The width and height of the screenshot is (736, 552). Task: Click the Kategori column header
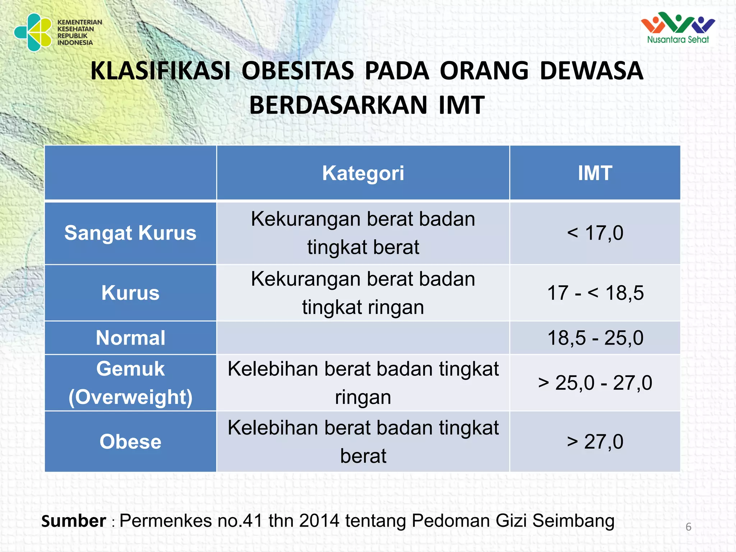click(363, 173)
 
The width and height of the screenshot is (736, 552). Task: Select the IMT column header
click(595, 173)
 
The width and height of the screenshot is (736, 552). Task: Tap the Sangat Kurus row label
click(130, 233)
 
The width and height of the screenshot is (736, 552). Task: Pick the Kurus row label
click(130, 293)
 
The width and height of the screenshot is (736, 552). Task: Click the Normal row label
click(130, 338)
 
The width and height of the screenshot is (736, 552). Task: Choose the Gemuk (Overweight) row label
click(130, 383)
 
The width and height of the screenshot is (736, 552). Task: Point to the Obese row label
click(130, 441)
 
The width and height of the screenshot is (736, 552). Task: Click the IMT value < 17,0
click(595, 233)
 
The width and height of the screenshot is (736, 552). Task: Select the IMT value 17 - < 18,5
click(595, 293)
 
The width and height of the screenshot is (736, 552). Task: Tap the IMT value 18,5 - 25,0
click(595, 338)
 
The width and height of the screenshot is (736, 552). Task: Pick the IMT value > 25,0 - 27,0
click(595, 383)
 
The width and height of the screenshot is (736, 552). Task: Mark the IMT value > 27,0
click(595, 441)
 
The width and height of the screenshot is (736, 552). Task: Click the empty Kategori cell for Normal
click(363, 338)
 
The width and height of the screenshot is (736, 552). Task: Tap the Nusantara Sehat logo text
click(678, 40)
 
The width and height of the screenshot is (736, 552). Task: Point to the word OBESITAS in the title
click(298, 71)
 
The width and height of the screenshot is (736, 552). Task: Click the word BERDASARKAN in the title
click(338, 105)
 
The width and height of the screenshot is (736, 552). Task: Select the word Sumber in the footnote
click(74, 521)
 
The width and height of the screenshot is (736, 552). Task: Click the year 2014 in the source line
click(319, 521)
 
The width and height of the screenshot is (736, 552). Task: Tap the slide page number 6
click(688, 527)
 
